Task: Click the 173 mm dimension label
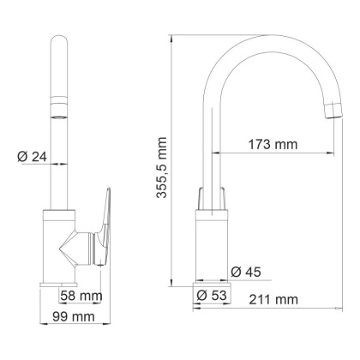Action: [x=268, y=145]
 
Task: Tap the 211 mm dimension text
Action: [x=271, y=299]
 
